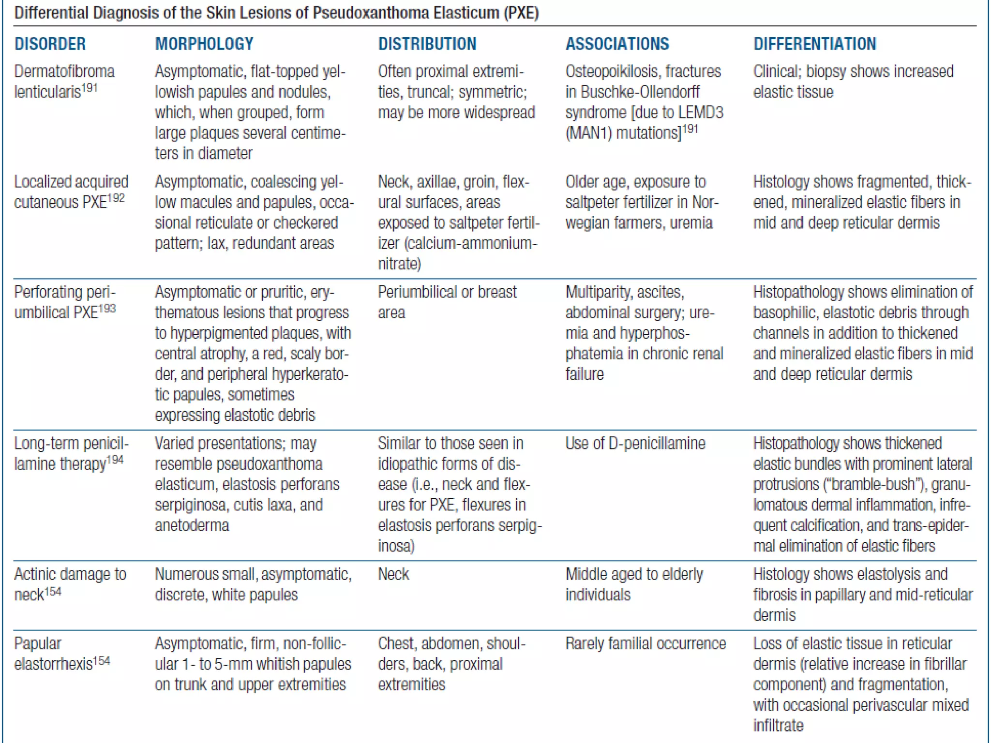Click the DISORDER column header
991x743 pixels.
pos(50,44)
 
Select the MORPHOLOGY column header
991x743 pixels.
pos(204,44)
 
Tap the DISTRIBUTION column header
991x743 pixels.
pos(427,44)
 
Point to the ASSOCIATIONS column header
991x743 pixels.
pos(617,44)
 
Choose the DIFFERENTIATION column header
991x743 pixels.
pos(814,44)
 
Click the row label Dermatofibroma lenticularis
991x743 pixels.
pos(64,81)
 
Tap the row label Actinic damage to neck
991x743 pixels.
pos(70,584)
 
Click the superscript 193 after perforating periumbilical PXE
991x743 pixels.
pos(107,309)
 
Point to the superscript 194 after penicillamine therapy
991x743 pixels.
pos(115,460)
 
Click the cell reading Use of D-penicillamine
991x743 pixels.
pos(635,444)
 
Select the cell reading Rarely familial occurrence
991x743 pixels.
pos(646,644)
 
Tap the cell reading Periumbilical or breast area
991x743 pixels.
pos(447,302)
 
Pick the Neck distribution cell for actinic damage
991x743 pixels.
pos(393,575)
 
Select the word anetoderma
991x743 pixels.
pos(192,526)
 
